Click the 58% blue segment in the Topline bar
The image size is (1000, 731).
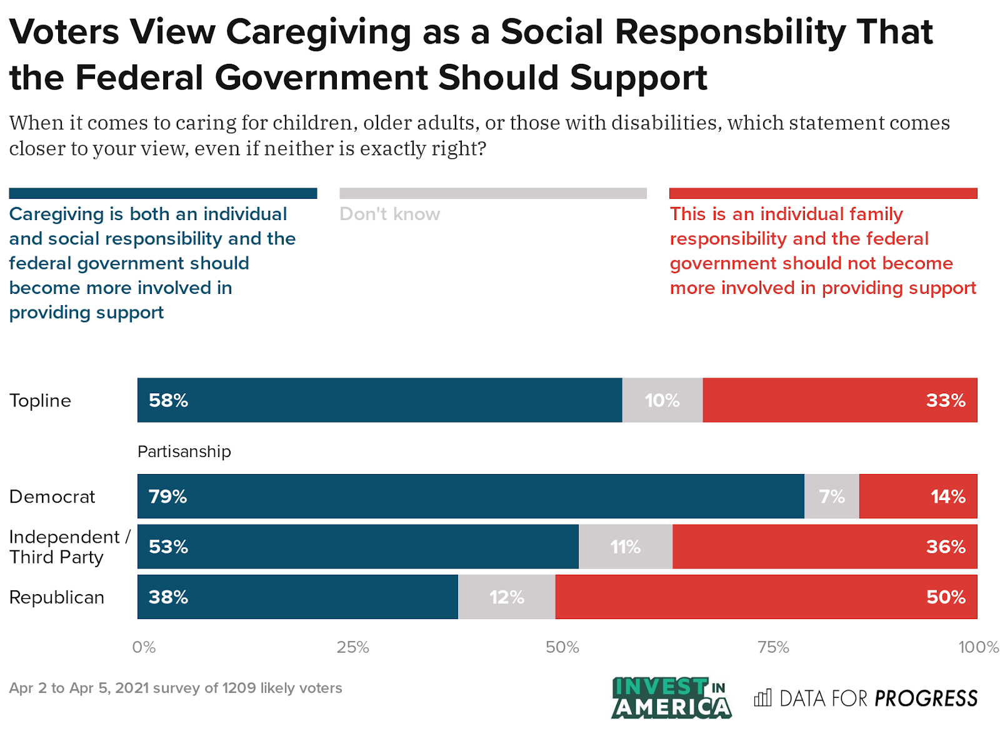tap(379, 400)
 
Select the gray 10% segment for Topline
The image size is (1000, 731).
tap(662, 400)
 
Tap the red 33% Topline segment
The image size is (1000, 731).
tap(839, 400)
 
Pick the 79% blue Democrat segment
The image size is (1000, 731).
tap(470, 497)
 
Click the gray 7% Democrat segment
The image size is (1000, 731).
tap(831, 497)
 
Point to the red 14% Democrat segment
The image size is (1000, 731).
tap(917, 497)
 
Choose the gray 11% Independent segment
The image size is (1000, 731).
tap(625, 547)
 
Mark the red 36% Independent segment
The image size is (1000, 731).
tap(824, 547)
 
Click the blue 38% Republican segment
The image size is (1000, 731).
tap(297, 597)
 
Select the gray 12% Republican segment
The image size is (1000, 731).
tap(506, 597)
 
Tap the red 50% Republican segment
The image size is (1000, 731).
tap(766, 597)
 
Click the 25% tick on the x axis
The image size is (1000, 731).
tap(352, 647)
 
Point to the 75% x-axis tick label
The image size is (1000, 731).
tap(773, 647)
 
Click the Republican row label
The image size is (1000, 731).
tap(57, 597)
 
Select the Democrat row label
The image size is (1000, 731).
tap(52, 497)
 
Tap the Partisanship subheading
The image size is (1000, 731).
tap(184, 451)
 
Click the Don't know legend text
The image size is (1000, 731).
tap(390, 214)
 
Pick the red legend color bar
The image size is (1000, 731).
tap(823, 193)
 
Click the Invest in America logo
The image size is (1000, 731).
tap(671, 697)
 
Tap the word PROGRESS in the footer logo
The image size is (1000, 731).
tap(926, 698)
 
